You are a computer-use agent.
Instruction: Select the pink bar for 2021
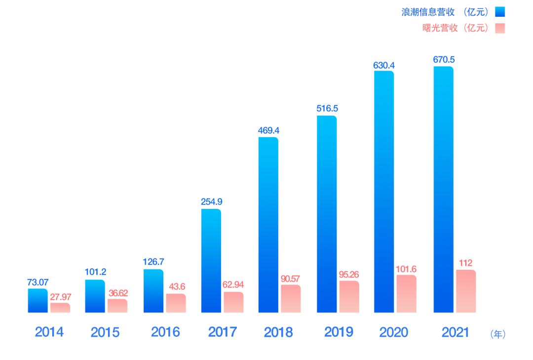466,291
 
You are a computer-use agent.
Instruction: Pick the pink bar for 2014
60,308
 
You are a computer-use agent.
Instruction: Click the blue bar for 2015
95,296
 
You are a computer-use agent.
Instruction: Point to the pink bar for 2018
291,299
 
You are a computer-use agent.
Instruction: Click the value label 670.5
444,60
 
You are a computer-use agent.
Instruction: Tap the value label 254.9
211,202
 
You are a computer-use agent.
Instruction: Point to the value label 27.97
61,297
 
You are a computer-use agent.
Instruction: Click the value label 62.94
233,285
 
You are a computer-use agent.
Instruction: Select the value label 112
465,263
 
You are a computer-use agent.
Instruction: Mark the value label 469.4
268,130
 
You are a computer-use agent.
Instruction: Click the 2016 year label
165,332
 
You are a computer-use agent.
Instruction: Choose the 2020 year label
394,332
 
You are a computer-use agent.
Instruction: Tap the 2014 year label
49,332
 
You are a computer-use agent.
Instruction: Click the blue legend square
500,12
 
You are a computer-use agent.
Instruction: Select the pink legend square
500,29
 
